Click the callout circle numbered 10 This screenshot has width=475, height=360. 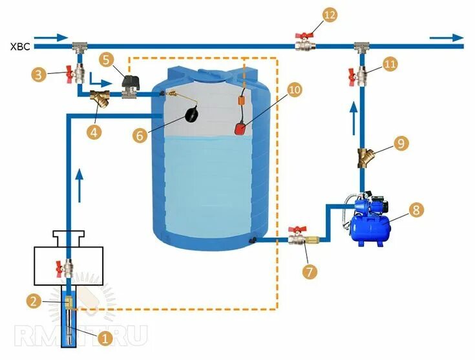tap(295, 90)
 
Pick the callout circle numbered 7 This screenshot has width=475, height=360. tap(311, 271)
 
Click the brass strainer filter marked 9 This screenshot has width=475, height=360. tap(363, 157)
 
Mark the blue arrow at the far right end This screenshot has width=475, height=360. tap(449, 38)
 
